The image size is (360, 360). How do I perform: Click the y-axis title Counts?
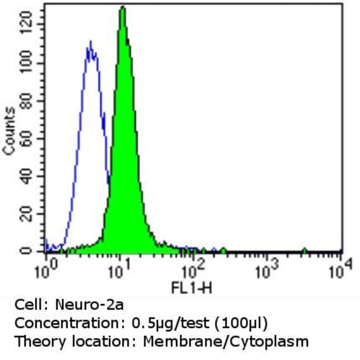coord(9,131)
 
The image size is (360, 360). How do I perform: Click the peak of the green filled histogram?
coord(123,8)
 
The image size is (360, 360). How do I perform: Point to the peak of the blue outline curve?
coord(90,42)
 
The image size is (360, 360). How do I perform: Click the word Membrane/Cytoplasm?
coord(226,341)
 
